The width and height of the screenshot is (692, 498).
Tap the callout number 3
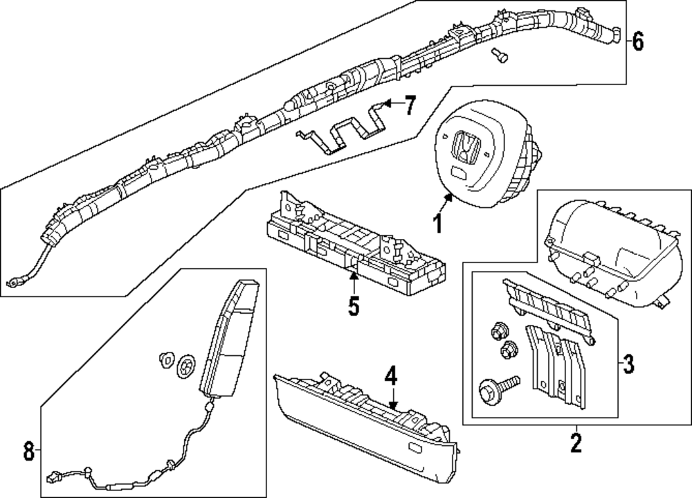pyautogui.click(x=628, y=363)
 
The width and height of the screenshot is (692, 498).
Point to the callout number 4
pyautogui.click(x=391, y=377)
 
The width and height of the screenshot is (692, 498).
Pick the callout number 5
pyautogui.click(x=354, y=305)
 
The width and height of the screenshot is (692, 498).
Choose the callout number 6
pyautogui.click(x=637, y=42)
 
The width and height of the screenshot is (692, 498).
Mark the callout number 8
pyautogui.click(x=28, y=452)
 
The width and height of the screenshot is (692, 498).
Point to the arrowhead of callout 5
pyautogui.click(x=354, y=276)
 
